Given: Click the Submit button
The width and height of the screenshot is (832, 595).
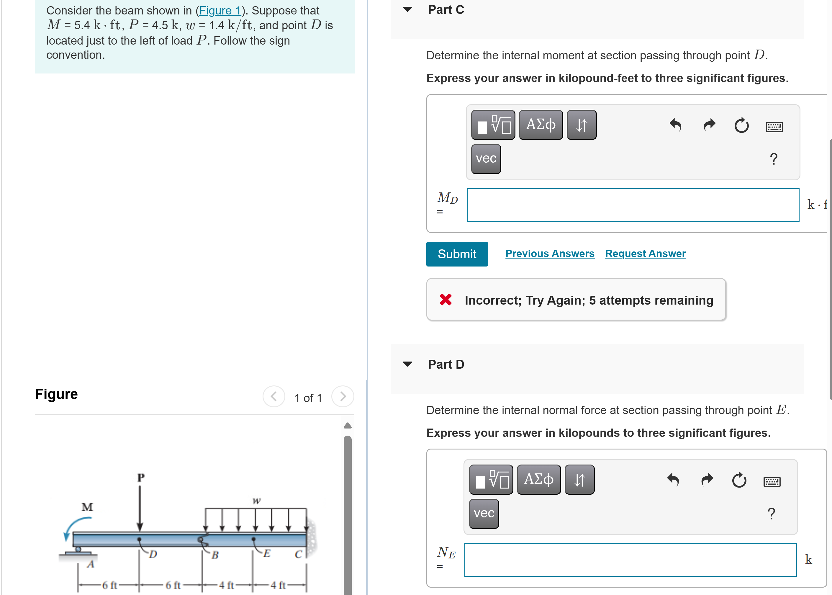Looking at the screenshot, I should [457, 254].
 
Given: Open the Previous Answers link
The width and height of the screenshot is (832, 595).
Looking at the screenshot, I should [549, 254].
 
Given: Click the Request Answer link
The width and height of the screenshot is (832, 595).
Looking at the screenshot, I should [645, 254].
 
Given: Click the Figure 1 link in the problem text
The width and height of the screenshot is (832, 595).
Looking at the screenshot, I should [220, 11].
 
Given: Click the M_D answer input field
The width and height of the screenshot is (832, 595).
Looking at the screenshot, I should [633, 205].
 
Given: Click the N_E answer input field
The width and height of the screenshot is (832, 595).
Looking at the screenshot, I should [630, 560].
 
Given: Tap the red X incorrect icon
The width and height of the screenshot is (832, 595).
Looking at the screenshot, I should [445, 300].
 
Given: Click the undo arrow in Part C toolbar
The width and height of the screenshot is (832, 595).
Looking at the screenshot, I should [675, 125].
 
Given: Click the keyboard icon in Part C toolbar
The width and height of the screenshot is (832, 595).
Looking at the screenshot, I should [774, 127].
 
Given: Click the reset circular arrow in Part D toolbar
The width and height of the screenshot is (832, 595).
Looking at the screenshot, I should [739, 480].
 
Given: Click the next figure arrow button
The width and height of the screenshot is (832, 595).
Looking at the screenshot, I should [343, 396].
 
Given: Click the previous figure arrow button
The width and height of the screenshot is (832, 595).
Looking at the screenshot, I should [273, 396].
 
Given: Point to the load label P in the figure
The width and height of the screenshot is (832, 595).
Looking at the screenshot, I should [141, 478].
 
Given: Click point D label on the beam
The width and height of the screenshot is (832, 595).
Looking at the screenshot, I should [153, 554].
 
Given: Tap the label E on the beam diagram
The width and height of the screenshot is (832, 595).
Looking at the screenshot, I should [267, 553].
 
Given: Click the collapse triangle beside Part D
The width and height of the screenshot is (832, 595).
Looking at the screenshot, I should [407, 364].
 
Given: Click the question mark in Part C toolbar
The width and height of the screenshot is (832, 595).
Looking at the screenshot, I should [773, 159].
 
